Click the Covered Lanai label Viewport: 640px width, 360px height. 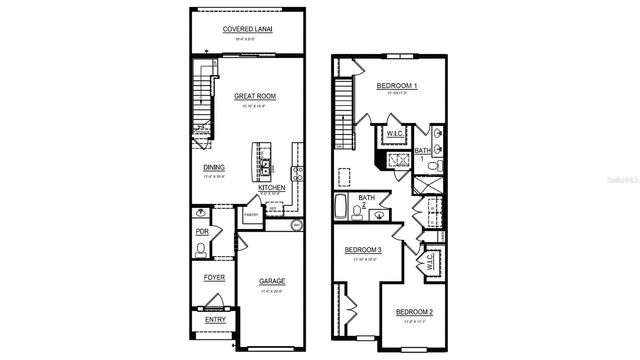(248, 30)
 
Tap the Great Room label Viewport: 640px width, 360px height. (255, 97)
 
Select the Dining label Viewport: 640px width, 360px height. (214, 168)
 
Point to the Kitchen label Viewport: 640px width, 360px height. (272, 188)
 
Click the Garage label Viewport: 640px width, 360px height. (273, 281)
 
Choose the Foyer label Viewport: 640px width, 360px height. (214, 277)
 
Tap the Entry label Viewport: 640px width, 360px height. (215, 320)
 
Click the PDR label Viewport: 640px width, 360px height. (201, 231)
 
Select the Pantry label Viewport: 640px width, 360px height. (252, 214)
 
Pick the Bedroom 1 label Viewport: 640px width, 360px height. (397, 87)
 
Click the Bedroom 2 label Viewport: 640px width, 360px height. (413, 314)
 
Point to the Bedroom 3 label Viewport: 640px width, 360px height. (363, 250)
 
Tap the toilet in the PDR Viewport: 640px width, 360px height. (202, 249)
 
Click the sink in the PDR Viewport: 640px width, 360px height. (202, 213)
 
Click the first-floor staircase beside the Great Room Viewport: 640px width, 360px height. (203, 100)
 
